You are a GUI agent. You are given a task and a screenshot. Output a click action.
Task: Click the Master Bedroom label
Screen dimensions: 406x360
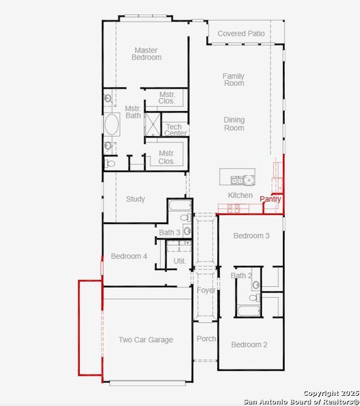[x=147, y=53]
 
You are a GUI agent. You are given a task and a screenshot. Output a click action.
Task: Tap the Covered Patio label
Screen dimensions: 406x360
[x=240, y=33]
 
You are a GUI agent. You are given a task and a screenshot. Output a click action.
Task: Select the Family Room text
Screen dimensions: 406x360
[x=233, y=80]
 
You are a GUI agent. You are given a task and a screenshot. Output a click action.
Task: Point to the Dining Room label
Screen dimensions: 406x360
[x=234, y=124]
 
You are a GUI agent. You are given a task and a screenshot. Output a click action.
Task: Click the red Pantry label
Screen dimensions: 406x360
[x=270, y=200]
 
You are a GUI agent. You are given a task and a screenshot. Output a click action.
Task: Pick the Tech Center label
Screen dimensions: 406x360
[x=175, y=130]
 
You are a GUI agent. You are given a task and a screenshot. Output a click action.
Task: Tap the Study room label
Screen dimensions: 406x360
[x=135, y=199]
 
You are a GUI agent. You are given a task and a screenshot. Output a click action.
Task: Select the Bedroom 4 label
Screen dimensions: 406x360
[x=129, y=256]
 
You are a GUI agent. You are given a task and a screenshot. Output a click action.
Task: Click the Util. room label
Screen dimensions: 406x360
[x=179, y=261]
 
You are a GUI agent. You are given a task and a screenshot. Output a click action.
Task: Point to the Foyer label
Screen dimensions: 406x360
[x=206, y=290]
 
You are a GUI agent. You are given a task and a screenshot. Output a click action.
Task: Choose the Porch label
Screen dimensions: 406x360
[x=206, y=338]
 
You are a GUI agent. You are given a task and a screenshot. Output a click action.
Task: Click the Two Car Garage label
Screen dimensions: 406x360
[x=145, y=340]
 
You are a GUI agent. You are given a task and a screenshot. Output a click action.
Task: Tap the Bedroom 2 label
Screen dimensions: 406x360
[x=249, y=344]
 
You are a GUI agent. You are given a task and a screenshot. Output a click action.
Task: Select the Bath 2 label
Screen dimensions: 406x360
[x=241, y=275]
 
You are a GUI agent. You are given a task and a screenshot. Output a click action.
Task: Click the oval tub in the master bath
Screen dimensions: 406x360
[x=112, y=125]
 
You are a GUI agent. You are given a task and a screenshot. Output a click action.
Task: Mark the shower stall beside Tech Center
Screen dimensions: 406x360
[x=154, y=125]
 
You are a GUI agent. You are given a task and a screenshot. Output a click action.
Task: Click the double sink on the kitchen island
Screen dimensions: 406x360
[x=237, y=180]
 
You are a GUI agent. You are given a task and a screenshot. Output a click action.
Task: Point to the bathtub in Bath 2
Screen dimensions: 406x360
[x=249, y=311]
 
